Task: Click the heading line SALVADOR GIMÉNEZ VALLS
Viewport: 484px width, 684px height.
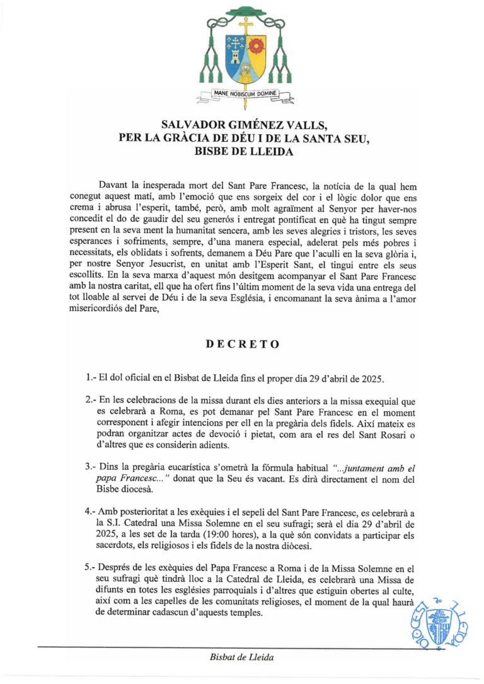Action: pos(242,127)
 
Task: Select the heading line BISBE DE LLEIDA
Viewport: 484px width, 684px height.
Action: pos(242,152)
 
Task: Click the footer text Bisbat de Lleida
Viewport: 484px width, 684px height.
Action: pos(242,658)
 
